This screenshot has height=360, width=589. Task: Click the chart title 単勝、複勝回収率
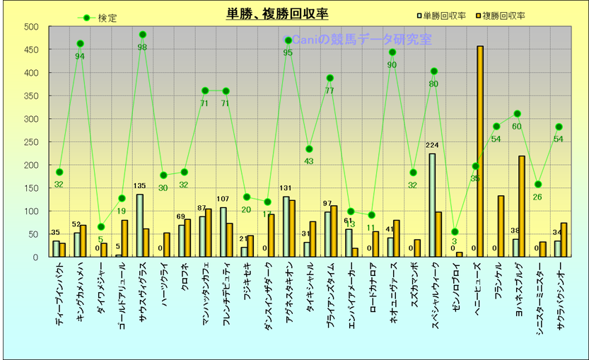(x=277, y=13)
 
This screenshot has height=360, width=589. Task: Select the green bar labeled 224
(x=432, y=205)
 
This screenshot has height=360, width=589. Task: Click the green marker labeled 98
(x=143, y=35)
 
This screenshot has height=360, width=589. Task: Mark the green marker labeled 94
(x=80, y=44)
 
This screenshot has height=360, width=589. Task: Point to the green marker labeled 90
(x=392, y=52)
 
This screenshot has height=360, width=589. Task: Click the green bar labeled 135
(x=139, y=226)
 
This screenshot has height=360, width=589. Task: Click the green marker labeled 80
(x=434, y=71)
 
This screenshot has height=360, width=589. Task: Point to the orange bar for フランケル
(x=501, y=226)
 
